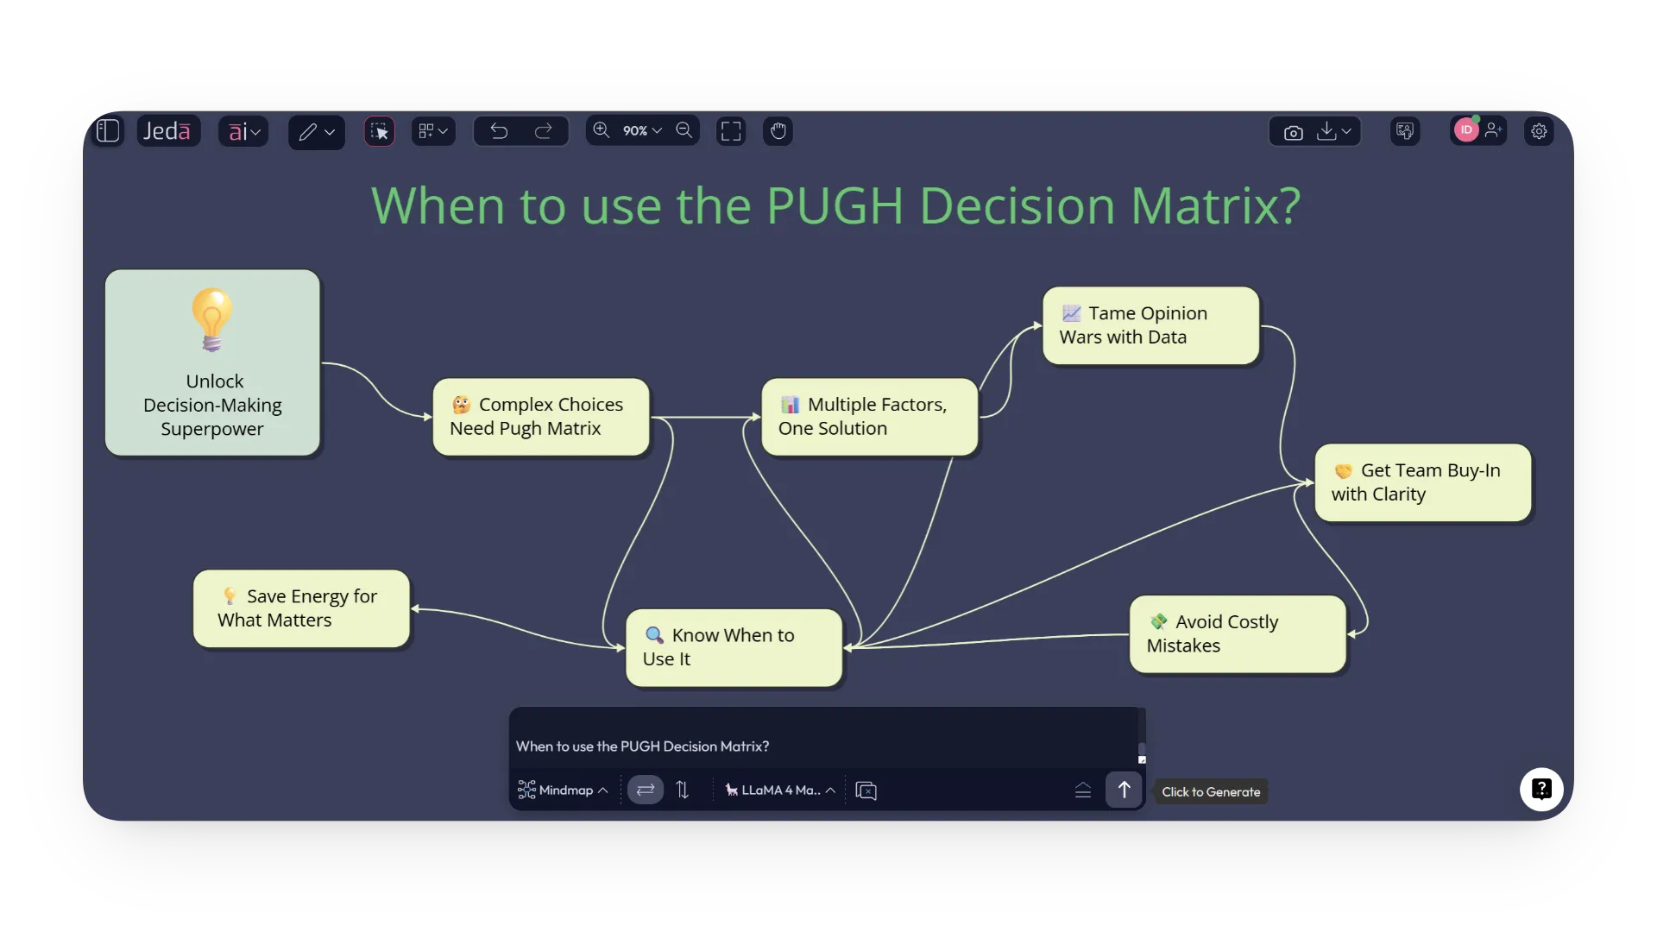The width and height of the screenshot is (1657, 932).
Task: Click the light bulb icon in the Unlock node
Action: coord(211,319)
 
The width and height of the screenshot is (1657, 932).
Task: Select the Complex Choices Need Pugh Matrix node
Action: coord(540,417)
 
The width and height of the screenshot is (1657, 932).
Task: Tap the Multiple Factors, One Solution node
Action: coord(869,417)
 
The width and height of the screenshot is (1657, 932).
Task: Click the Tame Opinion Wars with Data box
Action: coord(1150,325)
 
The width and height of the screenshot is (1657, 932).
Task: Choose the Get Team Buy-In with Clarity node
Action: coord(1422,482)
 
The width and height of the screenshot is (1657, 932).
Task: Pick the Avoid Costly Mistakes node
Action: coord(1237,634)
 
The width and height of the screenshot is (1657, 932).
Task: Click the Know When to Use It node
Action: coord(734,647)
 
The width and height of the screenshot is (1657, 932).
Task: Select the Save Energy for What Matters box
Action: coord(301,608)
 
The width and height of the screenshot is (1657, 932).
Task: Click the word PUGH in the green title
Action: coord(834,206)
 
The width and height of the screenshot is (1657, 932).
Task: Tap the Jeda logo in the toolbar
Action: coord(167,131)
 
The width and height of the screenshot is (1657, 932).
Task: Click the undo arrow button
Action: coord(499,131)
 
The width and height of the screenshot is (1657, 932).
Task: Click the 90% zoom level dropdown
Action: coord(642,131)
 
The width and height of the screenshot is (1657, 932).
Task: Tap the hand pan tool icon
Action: coord(778,131)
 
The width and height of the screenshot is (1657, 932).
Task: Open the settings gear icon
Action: coord(1539,131)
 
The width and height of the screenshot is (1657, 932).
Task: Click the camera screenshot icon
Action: coord(1293,132)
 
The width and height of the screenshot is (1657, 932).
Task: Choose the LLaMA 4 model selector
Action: coord(779,790)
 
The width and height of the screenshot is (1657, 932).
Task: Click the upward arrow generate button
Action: coord(1124,790)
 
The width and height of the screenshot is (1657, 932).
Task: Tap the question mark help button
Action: coord(1541,790)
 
